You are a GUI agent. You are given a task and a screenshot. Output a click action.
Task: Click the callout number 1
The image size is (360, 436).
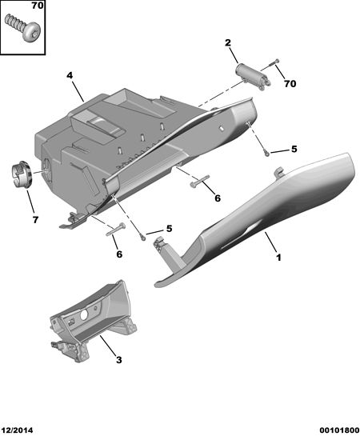point(278,258)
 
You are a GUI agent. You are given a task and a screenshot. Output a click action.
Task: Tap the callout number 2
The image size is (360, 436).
point(228,43)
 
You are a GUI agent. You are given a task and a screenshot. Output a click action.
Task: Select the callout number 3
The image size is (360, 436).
point(118,360)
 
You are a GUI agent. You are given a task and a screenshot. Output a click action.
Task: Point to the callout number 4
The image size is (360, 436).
point(70,75)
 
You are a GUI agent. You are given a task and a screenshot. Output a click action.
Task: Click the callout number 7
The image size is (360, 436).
point(35,220)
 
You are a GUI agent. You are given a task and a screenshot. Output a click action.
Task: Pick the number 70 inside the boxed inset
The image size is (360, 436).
point(38,6)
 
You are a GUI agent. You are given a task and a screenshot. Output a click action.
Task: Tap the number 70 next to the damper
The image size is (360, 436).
point(290,83)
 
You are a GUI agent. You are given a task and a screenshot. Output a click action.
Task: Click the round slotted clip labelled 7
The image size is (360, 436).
point(22,174)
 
